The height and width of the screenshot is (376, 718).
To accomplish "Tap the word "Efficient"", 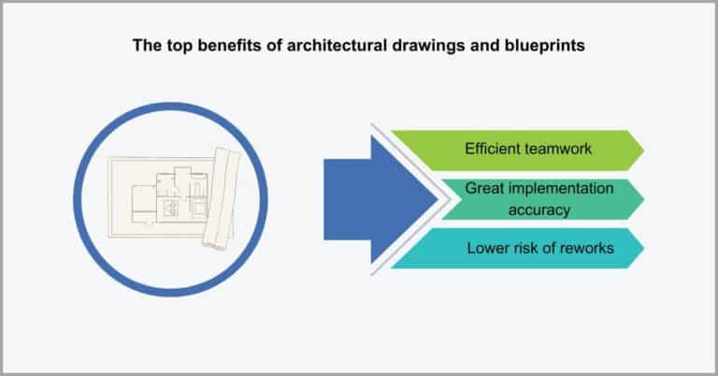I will [x=493, y=148].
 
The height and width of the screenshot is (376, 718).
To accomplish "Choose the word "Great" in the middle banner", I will [x=485, y=190].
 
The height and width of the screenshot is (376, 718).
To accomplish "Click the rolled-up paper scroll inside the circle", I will [x=222, y=198].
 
